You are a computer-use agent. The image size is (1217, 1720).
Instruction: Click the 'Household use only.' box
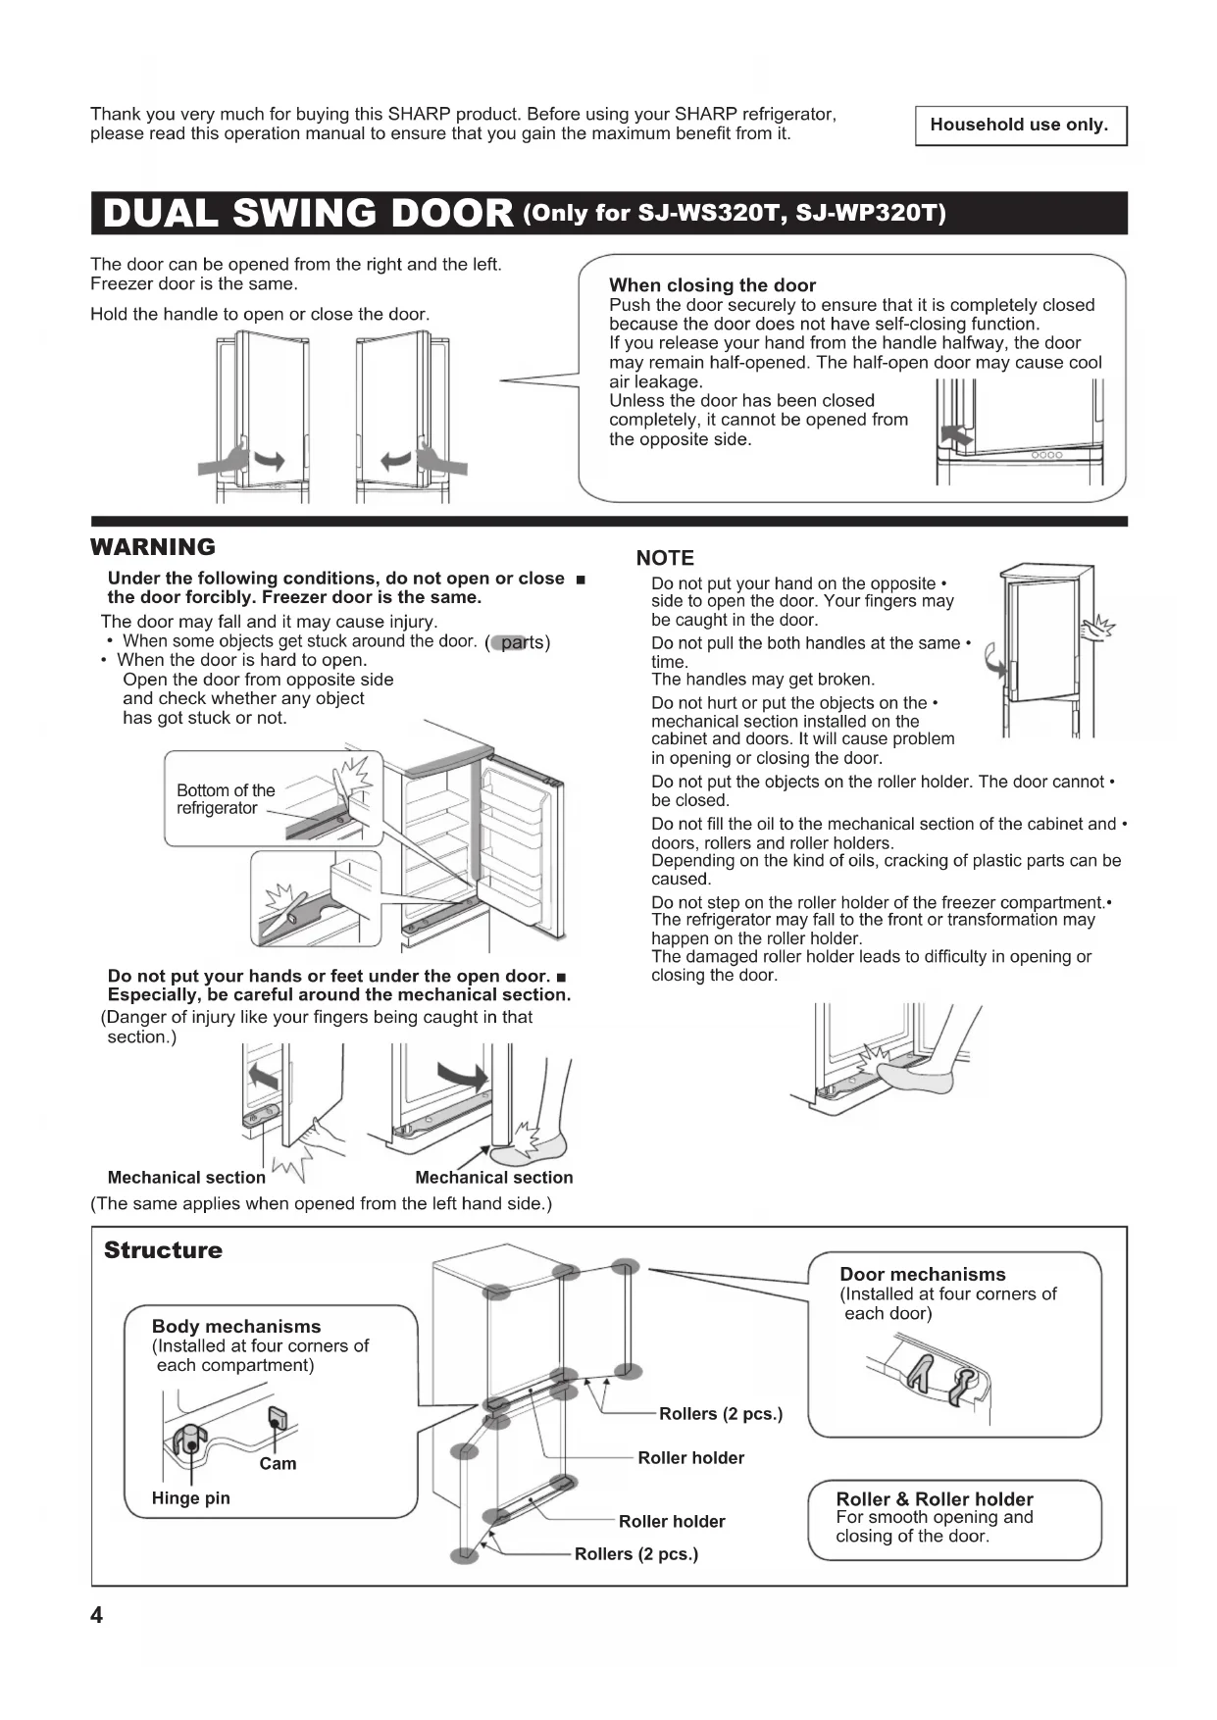click(1020, 126)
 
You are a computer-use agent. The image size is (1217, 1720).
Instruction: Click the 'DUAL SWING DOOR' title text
click(308, 214)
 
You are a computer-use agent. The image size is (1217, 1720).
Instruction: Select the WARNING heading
click(153, 547)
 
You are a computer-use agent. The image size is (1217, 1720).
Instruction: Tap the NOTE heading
click(665, 558)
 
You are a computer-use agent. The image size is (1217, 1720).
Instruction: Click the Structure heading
click(163, 1250)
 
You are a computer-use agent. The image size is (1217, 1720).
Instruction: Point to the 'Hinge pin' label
click(191, 1498)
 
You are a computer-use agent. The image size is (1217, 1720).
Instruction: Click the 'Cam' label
click(278, 1464)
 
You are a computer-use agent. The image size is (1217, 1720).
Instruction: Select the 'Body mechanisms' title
click(236, 1327)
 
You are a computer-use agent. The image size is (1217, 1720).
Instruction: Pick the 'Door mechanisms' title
click(923, 1274)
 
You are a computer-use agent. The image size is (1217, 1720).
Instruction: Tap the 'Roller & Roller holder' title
click(935, 1499)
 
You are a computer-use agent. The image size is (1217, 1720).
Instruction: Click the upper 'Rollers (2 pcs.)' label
click(721, 1414)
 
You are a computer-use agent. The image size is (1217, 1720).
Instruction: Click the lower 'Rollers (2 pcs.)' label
click(636, 1554)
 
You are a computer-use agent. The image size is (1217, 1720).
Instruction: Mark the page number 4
click(96, 1615)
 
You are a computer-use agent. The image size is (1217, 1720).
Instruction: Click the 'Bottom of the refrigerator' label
click(226, 799)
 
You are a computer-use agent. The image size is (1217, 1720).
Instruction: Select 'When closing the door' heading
click(712, 285)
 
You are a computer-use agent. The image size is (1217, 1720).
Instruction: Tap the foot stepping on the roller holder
click(922, 1074)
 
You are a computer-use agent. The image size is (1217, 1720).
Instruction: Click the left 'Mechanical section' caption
click(186, 1178)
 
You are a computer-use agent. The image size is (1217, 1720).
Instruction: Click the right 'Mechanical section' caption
click(494, 1178)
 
